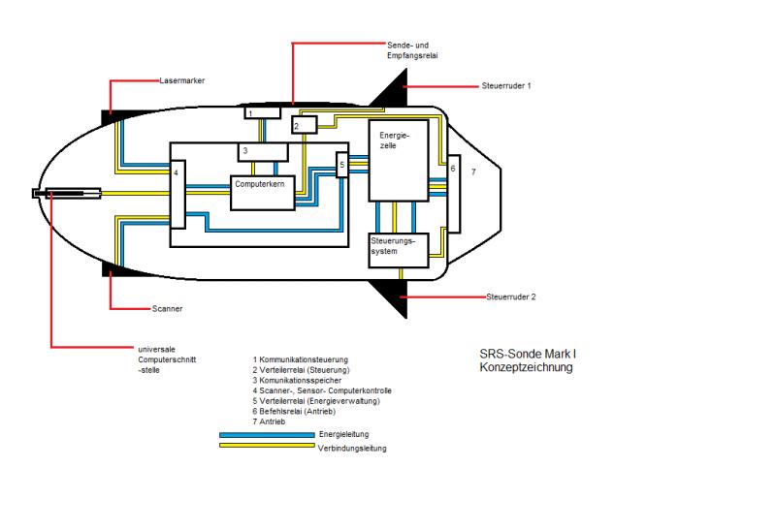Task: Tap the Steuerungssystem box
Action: tap(397, 249)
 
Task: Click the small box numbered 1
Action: tap(261, 113)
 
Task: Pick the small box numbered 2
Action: tap(304, 124)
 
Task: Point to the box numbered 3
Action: tap(263, 151)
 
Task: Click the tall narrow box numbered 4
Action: tap(177, 195)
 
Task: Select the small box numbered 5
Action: tap(341, 166)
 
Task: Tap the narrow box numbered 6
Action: tap(453, 194)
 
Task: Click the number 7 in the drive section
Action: tap(473, 171)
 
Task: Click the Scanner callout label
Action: tap(167, 309)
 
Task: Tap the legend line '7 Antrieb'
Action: tap(269, 421)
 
